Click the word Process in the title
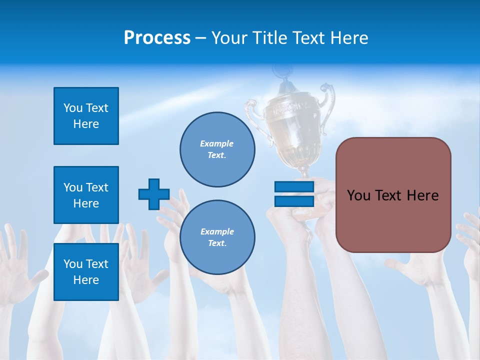(x=157, y=38)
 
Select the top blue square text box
(x=86, y=116)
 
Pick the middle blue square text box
(x=86, y=195)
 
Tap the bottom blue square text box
(x=86, y=272)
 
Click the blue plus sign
(x=154, y=194)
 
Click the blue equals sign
(x=294, y=194)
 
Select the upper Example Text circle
(x=217, y=149)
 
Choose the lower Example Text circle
(x=217, y=237)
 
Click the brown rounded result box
(x=393, y=195)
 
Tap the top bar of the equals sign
(x=294, y=187)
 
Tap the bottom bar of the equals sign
(x=294, y=201)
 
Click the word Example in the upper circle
(x=217, y=143)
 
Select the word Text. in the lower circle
(x=217, y=243)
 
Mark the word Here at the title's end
(x=349, y=38)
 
